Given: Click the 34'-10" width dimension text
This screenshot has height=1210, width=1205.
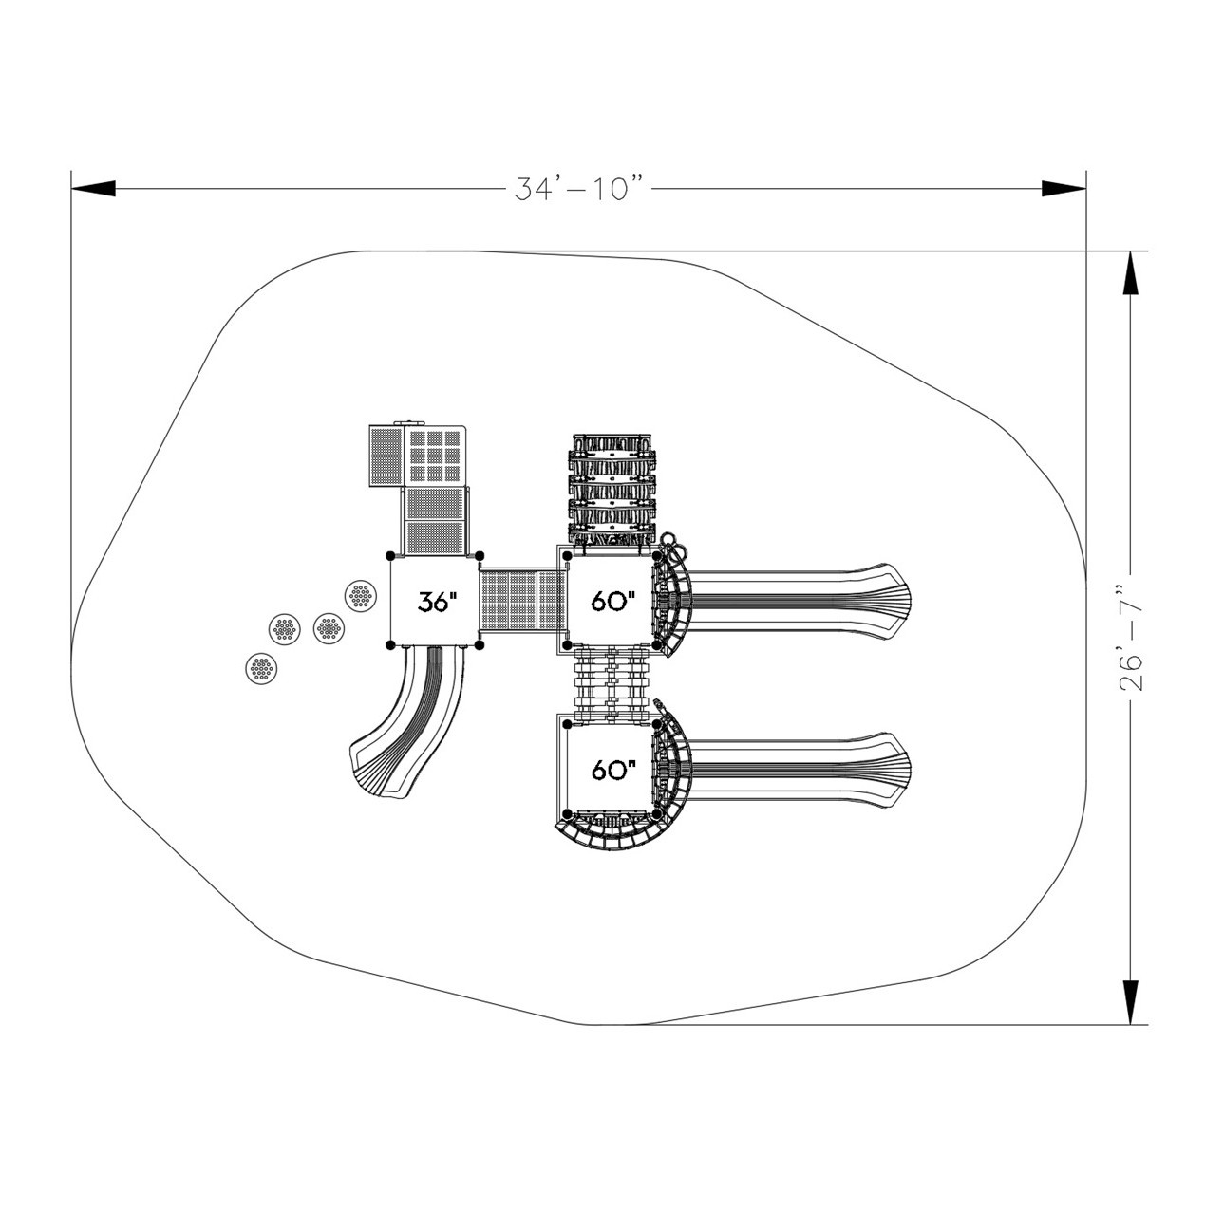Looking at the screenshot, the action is (579, 188).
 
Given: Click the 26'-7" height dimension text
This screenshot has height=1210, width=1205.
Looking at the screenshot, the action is (1130, 638).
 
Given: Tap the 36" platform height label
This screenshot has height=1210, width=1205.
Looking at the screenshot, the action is (436, 602).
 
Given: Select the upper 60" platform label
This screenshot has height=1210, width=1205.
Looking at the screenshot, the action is (612, 601).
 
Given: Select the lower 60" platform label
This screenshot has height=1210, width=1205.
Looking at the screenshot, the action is (612, 770).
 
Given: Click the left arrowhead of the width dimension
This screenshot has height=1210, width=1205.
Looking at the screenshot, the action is (93, 188).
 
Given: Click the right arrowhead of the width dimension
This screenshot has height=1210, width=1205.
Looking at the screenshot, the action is (1064, 188).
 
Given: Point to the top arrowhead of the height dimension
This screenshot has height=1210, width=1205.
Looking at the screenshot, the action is (1130, 273).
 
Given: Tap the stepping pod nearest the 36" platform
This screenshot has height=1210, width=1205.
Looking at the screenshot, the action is (361, 595).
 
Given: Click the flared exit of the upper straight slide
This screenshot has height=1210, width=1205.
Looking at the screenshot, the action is (887, 601).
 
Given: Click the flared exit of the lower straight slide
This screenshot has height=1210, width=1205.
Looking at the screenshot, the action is (887, 770).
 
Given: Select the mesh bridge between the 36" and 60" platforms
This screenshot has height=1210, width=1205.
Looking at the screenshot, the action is (521, 601).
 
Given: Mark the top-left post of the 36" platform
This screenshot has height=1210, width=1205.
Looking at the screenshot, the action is (390, 556).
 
